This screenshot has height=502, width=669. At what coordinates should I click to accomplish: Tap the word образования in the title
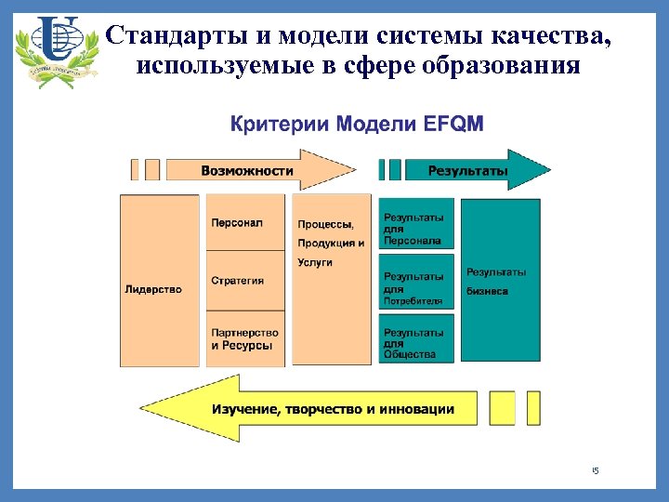[503, 67]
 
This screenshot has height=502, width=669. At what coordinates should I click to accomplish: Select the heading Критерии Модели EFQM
[357, 124]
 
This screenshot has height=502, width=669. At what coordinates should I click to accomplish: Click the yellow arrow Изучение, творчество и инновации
[316, 408]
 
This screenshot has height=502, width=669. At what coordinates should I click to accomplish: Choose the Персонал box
[245, 223]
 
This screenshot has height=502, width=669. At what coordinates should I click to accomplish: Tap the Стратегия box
[245, 280]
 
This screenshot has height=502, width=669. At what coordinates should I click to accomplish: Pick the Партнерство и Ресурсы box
[245, 338]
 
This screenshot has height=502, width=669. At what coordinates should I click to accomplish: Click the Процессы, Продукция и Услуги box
[331, 280]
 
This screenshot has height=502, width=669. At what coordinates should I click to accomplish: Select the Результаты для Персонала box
[416, 224]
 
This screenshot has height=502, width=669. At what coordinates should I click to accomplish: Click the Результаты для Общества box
[416, 339]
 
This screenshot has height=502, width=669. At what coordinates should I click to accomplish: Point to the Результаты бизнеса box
[500, 280]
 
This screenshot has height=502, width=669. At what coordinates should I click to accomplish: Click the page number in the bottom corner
[596, 471]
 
